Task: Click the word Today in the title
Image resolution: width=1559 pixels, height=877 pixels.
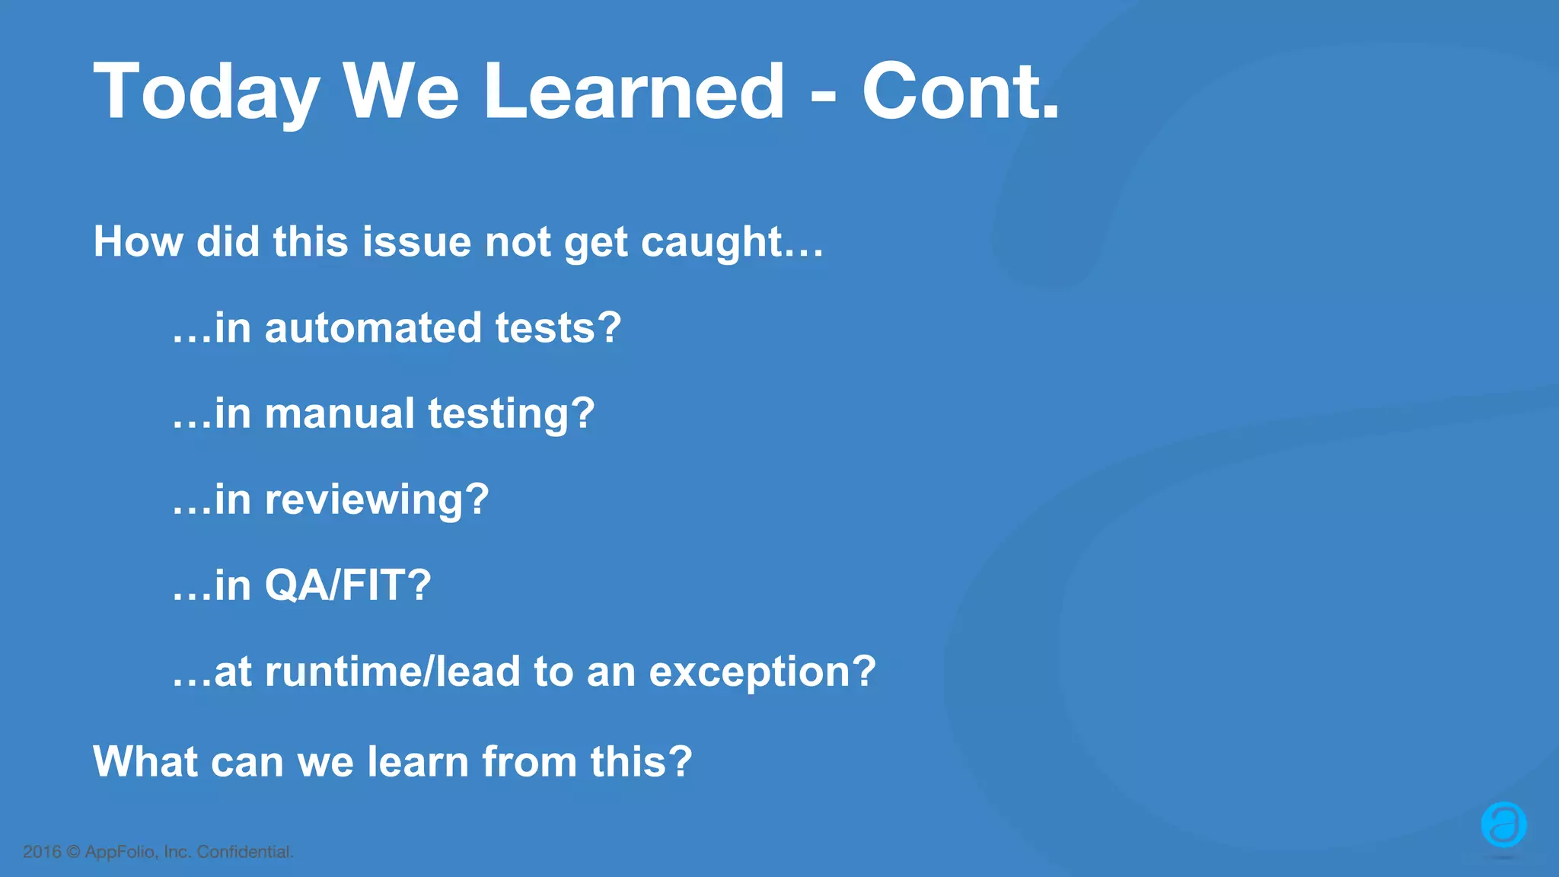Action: coord(206,93)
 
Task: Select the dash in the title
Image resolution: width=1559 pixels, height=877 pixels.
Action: coord(823,97)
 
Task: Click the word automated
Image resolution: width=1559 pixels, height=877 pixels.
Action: coord(373,328)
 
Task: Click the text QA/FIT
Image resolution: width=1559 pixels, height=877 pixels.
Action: coord(347,585)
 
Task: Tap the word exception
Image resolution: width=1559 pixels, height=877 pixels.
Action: coord(761,673)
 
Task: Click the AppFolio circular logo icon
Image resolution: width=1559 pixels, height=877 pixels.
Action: coord(1503,824)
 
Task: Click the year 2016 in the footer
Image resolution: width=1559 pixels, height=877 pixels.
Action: coord(42,852)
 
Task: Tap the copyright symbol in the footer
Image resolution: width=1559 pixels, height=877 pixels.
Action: coord(73,852)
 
